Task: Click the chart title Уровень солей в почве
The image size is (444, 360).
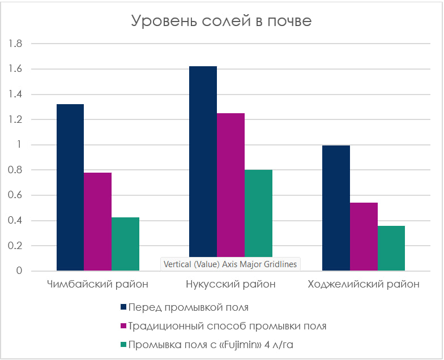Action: [221, 21]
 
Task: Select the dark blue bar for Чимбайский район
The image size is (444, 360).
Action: [70, 187]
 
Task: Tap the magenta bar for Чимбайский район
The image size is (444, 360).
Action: [98, 221]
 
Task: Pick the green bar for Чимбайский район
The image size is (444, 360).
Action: [125, 244]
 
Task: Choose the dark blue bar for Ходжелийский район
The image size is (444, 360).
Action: [336, 208]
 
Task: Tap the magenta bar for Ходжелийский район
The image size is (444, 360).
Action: [364, 236]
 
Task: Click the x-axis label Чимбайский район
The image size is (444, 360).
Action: [98, 284]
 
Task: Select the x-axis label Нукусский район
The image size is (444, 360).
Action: [230, 284]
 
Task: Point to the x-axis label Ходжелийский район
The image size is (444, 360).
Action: [364, 284]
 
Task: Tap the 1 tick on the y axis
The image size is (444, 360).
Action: [19, 145]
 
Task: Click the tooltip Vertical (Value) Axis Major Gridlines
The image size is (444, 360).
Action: [230, 264]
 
